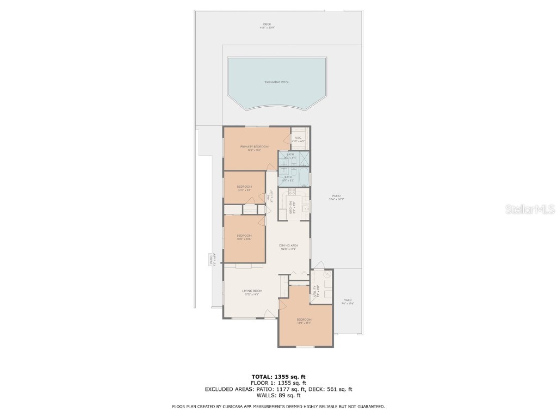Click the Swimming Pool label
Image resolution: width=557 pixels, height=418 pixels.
(277, 82)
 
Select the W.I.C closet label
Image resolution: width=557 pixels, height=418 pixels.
(298, 138)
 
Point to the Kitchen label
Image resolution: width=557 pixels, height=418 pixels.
(292, 206)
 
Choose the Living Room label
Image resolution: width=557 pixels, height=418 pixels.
(252, 291)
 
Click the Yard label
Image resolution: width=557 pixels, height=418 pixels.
(347, 300)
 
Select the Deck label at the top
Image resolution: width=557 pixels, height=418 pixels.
(267, 24)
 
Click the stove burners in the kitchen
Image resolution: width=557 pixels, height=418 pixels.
(292, 191)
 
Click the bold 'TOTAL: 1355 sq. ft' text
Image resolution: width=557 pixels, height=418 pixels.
(278, 377)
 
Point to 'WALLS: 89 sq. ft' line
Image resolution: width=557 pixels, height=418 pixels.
(278, 396)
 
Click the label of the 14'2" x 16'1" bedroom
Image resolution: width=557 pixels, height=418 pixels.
(304, 320)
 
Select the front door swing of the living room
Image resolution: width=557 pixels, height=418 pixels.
(268, 314)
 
